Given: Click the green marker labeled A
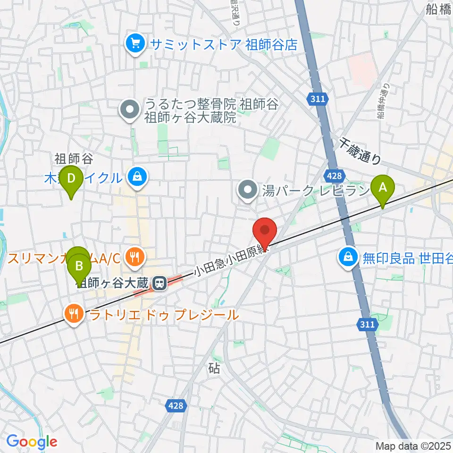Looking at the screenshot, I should (x=383, y=187).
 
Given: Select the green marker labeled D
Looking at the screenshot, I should (x=71, y=179).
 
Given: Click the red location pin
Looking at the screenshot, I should (x=265, y=230).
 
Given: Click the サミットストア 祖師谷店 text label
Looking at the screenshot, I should (x=224, y=44).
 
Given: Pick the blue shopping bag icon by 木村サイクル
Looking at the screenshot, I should (x=137, y=177).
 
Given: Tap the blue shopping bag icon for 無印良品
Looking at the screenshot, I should (x=348, y=258).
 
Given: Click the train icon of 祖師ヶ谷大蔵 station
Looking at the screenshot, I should (x=159, y=284).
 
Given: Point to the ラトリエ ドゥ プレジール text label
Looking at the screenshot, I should (x=164, y=315).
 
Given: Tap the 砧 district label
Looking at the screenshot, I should (x=214, y=369).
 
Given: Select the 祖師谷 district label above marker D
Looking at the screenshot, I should (x=69, y=158).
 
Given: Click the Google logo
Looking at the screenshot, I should (x=32, y=442).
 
